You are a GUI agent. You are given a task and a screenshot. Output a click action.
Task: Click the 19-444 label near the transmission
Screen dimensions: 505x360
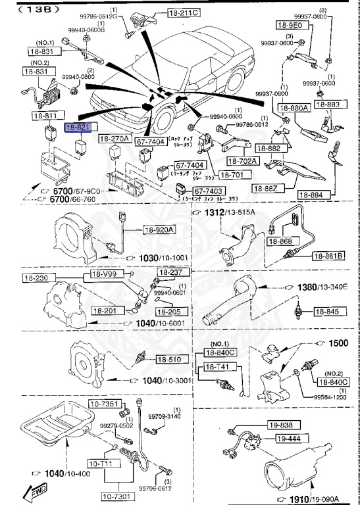pyautogui.click(x=288, y=438)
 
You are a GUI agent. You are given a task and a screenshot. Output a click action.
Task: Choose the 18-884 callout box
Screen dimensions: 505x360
pyautogui.click(x=314, y=195)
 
